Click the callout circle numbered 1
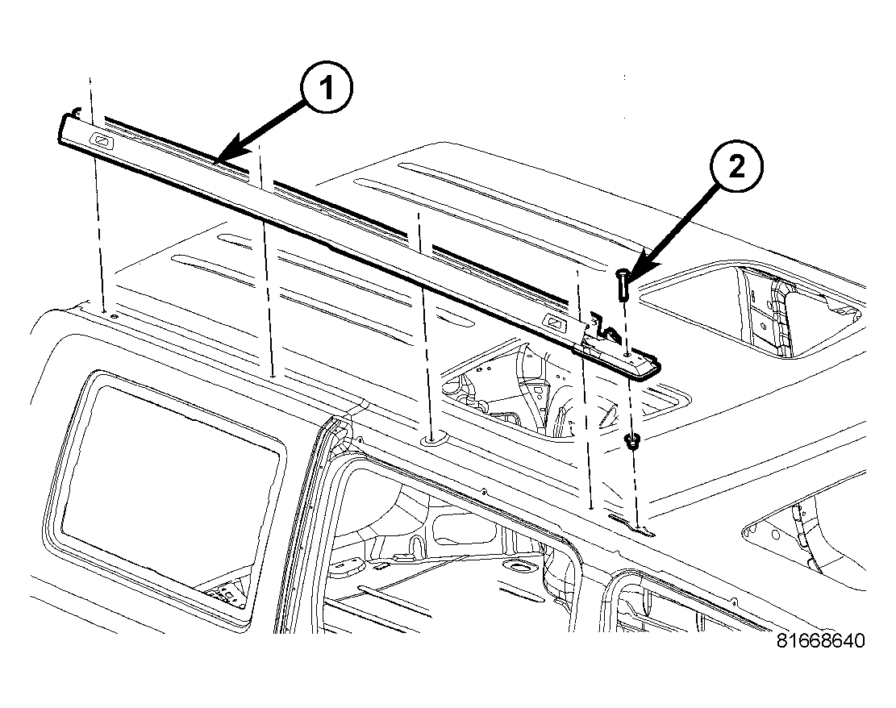coord(327,88)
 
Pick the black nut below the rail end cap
coord(631,440)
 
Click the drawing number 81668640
coord(820,640)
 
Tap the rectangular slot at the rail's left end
coord(102,139)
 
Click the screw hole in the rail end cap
coord(628,355)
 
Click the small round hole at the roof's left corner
coord(115,316)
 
